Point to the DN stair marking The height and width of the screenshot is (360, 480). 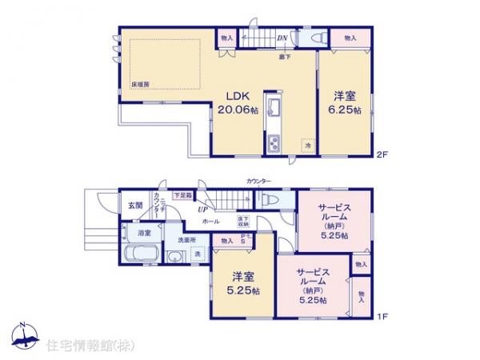tap(282, 37)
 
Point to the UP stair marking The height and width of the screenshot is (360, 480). tap(205, 210)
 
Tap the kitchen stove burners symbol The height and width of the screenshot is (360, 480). tap(272, 144)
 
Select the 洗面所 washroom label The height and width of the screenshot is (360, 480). tap(187, 239)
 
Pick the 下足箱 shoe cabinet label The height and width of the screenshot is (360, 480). tap(183, 194)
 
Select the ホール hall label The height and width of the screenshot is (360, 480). tap(211, 222)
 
